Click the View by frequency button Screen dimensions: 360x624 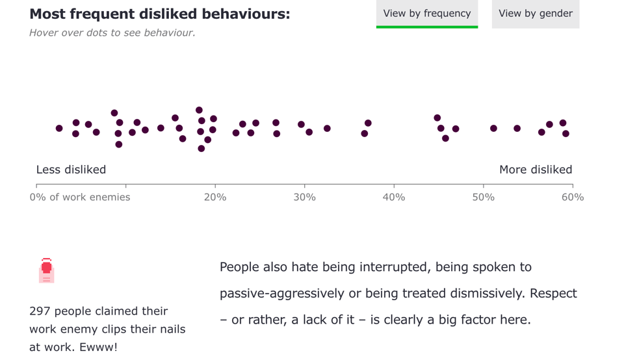click(x=426, y=14)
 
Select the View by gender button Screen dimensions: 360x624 click(x=535, y=14)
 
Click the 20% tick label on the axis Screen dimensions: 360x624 click(x=214, y=198)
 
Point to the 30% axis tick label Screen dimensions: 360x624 click(x=304, y=198)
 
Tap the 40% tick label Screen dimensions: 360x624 click(x=394, y=198)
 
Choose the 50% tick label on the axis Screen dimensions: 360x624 click(x=483, y=198)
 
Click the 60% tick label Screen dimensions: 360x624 click(x=573, y=198)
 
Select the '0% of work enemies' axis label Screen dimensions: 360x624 click(x=80, y=198)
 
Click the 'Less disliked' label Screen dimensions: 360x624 click(x=71, y=170)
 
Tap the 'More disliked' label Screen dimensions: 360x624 click(x=536, y=170)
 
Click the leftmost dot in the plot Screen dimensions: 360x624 click(x=59, y=129)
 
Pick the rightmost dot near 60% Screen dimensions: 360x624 click(x=565, y=134)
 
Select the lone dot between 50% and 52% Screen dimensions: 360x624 click(x=493, y=129)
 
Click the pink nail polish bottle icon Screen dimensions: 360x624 click(x=46, y=270)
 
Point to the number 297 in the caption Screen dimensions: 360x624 click(x=40, y=311)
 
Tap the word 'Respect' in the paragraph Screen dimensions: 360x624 click(x=553, y=293)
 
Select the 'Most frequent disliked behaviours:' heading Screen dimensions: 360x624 click(x=160, y=14)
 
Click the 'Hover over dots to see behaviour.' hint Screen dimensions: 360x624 click(x=112, y=32)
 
